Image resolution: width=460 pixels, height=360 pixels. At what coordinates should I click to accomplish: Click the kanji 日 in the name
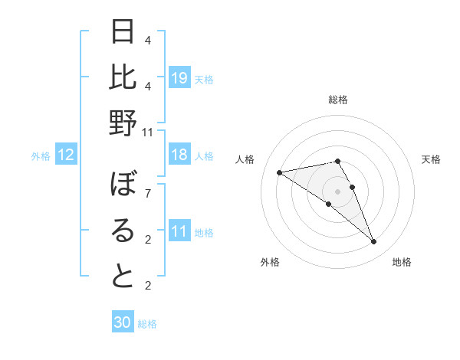click(x=123, y=33)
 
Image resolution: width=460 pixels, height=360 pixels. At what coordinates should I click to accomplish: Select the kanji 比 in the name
click(x=123, y=77)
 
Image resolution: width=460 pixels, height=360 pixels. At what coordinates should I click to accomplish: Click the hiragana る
click(x=123, y=231)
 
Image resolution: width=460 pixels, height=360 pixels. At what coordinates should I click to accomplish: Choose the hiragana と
click(x=123, y=276)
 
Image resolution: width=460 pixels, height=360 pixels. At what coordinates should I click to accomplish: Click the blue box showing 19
click(x=179, y=78)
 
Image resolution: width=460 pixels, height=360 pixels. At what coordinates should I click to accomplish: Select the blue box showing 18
click(x=179, y=155)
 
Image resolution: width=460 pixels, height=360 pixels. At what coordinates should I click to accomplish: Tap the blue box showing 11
click(x=179, y=231)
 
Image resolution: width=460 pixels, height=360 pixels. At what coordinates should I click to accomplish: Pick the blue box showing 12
click(x=66, y=155)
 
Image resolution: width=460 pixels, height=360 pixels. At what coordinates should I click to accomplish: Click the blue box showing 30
click(x=123, y=323)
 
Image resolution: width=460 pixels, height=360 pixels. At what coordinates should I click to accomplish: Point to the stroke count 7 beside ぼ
click(x=147, y=193)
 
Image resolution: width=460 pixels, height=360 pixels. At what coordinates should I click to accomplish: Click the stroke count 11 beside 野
click(x=147, y=132)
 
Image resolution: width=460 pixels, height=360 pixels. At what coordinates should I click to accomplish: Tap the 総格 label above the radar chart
click(x=337, y=100)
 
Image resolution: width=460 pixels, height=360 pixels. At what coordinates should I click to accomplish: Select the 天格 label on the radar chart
click(x=431, y=159)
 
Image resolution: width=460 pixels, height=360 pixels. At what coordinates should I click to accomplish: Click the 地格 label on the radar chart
click(x=402, y=262)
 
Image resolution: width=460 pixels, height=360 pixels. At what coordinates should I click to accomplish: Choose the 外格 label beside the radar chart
click(x=270, y=262)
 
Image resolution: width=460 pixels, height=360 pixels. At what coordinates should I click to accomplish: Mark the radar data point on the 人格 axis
click(x=280, y=172)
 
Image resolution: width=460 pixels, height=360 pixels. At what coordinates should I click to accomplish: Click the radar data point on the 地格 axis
click(x=374, y=242)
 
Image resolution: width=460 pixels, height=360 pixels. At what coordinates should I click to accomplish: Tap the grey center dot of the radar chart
click(x=337, y=191)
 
